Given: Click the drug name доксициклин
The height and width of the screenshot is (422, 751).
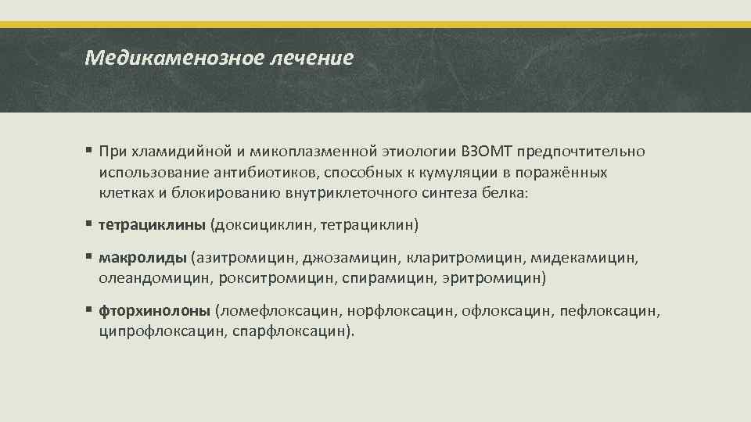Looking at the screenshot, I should tap(261, 225).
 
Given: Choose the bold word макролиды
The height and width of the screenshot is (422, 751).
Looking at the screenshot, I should tap(142, 257).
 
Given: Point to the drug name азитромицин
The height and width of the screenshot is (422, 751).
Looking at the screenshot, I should tap(244, 257).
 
